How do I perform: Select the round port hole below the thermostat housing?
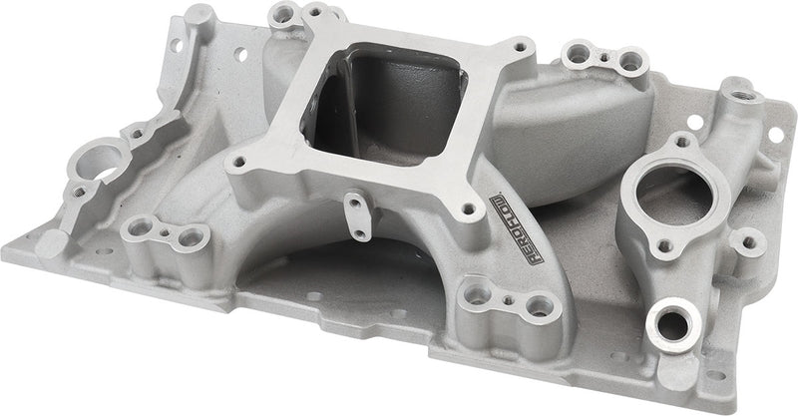[675, 325]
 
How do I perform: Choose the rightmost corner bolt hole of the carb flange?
[519, 46]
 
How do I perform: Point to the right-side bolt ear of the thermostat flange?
[746, 239]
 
